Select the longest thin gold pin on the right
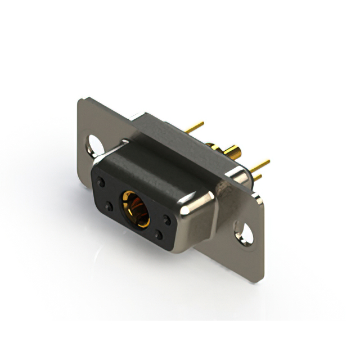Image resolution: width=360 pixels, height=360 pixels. coord(260,165)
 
